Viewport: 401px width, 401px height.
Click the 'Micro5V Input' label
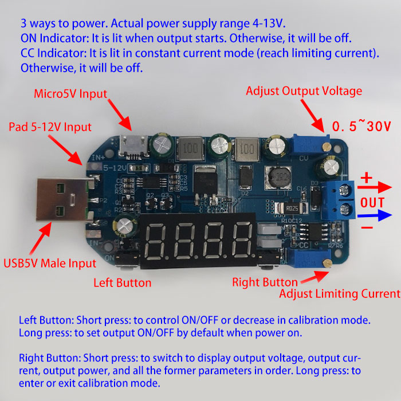[70, 94]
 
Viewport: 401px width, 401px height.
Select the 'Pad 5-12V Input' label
[50, 127]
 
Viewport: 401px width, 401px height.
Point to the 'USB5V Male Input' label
[50, 264]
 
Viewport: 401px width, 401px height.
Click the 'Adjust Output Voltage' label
[304, 91]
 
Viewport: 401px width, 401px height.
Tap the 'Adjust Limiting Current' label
[340, 294]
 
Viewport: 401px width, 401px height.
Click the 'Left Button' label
[123, 283]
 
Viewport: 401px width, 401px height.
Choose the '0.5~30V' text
[361, 126]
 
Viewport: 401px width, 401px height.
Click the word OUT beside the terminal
[372, 203]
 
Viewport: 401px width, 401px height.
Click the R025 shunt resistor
[291, 208]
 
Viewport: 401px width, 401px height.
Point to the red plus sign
[367, 178]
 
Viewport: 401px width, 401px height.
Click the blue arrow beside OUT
[375, 215]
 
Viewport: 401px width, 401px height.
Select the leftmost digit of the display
[155, 241]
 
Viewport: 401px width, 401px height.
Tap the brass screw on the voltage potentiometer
[327, 147]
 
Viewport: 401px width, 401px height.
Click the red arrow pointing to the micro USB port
[120, 115]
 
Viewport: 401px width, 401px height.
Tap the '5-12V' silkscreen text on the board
[115, 168]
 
